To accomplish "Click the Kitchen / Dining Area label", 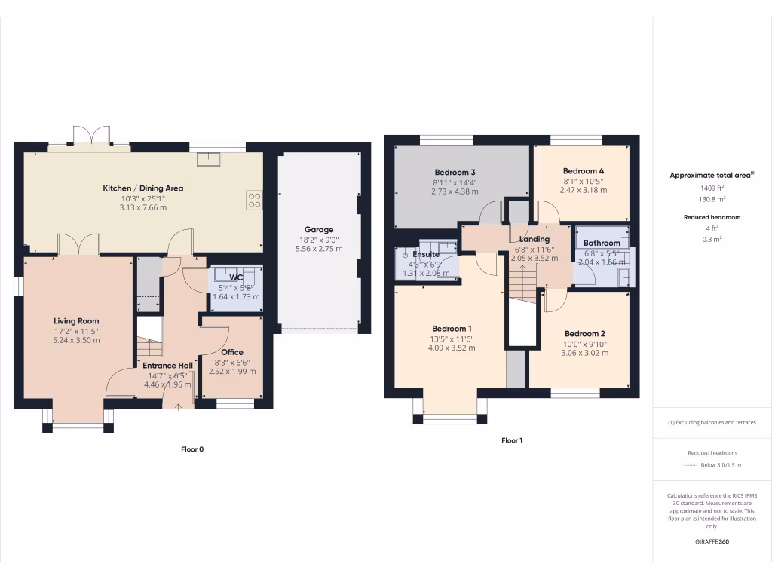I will click(x=143, y=188).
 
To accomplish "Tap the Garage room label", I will click(x=318, y=230).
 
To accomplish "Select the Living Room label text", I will click(x=78, y=321).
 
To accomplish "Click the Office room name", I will click(x=232, y=352).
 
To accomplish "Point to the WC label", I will click(x=236, y=277).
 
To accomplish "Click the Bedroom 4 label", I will click(x=583, y=171).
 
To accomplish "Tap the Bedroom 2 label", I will click(x=585, y=334).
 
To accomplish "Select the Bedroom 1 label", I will click(x=452, y=329).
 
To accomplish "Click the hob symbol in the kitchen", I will click(x=254, y=200).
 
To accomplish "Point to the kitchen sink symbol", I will click(x=206, y=158).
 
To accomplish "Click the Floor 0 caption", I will click(x=192, y=449).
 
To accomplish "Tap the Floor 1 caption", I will click(x=511, y=440).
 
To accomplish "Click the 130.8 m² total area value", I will click(x=712, y=199).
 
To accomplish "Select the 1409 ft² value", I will click(x=712, y=188).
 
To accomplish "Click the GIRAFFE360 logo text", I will click(x=712, y=541).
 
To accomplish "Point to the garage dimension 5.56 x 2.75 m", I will click(x=318, y=249).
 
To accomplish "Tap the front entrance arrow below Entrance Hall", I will click(x=178, y=408).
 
